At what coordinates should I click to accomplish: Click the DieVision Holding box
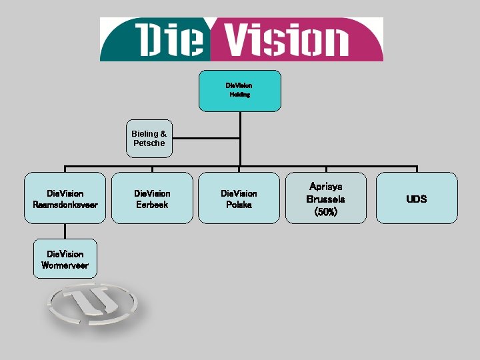click(239, 90)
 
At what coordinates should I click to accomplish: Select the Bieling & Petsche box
click(149, 139)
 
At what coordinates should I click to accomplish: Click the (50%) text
click(325, 212)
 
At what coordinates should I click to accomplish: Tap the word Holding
click(240, 95)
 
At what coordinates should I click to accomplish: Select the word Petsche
click(149, 143)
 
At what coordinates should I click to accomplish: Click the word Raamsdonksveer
click(65, 205)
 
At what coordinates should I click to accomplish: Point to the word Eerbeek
click(152, 205)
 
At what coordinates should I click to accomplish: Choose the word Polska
click(239, 205)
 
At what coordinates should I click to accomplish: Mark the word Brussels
click(325, 199)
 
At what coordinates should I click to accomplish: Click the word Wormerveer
click(64, 265)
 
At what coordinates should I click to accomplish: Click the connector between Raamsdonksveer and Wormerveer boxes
click(65, 231)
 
